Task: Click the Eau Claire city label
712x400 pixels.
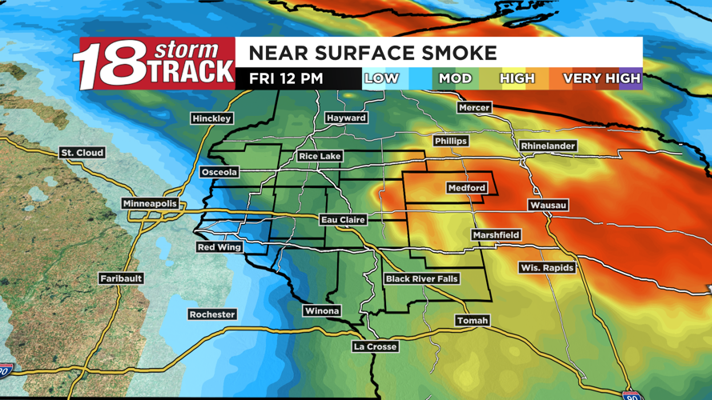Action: (343, 219)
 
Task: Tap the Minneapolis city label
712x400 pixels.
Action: (150, 204)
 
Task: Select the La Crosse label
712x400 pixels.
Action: (376, 346)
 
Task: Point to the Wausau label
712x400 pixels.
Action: (548, 206)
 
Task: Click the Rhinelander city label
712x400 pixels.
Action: (548, 146)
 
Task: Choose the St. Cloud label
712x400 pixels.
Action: (82, 153)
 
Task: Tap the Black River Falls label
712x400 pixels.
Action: (421, 279)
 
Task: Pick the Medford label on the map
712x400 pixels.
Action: (466, 188)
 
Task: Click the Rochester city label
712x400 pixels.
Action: (212, 314)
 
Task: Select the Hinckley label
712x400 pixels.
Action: (212, 118)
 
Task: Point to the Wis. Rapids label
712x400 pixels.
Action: (547, 268)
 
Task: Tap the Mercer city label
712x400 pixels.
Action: (474, 107)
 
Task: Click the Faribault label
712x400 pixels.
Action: (121, 278)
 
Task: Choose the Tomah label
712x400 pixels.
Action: (472, 321)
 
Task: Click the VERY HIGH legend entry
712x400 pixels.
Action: (601, 78)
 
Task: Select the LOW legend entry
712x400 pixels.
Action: (381, 78)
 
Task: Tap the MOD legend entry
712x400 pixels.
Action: (455, 78)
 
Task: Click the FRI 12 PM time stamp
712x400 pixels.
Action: (286, 78)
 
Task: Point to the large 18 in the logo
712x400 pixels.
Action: (104, 66)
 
